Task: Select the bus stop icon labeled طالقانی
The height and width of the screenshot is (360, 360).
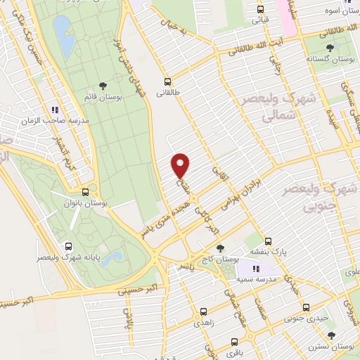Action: click(167, 81)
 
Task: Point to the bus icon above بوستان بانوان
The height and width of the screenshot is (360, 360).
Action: click(85, 191)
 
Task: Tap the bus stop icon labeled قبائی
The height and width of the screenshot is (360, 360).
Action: click(261, 10)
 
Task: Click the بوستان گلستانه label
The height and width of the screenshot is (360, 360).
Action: click(330, 60)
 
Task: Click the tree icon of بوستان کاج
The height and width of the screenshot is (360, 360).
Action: click(221, 248)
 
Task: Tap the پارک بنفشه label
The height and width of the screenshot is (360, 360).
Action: click(268, 250)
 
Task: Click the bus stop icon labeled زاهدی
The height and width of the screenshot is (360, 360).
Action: click(203, 311)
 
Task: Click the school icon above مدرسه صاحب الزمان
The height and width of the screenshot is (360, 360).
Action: click(54, 110)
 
